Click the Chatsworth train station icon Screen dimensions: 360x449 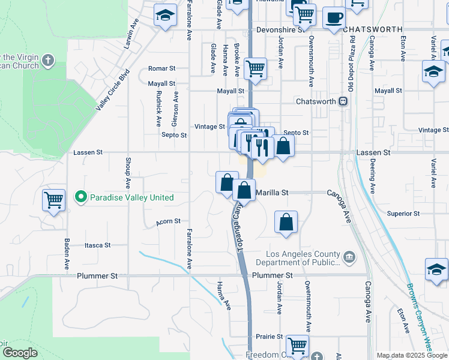(343, 101)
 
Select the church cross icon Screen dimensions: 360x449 (48, 60)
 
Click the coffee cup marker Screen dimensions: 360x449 (334, 17)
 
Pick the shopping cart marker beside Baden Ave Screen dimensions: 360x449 (53, 200)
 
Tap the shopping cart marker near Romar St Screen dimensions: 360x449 (256, 68)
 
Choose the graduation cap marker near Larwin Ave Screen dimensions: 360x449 (165, 16)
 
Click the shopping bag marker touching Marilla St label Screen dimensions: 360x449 (244, 191)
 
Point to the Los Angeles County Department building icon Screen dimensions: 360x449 (350, 258)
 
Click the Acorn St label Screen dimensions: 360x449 (168, 221)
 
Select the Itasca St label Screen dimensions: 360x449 (97, 245)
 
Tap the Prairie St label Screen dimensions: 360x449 (270, 337)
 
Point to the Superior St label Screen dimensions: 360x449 (403, 214)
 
